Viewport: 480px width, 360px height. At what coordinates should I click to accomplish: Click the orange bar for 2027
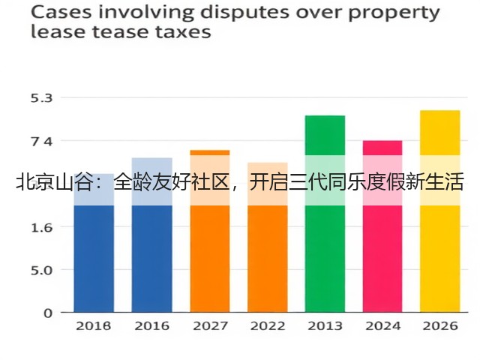pos(210,231)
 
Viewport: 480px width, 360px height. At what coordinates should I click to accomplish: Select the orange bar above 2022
pos(268,237)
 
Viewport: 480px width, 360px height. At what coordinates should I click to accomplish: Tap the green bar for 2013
pos(325,214)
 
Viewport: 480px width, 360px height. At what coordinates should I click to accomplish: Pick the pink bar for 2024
pos(382,226)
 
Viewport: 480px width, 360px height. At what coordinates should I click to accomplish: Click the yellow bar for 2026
pos(440,211)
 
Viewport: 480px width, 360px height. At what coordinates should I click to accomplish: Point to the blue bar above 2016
pos(152,235)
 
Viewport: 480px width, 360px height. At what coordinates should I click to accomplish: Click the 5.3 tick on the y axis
pos(42,98)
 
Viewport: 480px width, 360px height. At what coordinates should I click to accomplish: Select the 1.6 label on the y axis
pos(42,228)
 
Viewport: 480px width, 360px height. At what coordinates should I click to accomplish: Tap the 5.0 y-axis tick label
pos(42,271)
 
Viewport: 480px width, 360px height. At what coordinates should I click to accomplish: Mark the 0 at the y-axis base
pos(48,313)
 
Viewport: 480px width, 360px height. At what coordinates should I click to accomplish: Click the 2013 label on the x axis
pos(325,326)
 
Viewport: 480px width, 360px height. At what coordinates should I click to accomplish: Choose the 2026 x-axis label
pos(440,326)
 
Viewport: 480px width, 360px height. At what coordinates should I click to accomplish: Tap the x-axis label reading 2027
pos(210,326)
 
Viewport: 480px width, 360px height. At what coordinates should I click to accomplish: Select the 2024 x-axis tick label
pos(382,326)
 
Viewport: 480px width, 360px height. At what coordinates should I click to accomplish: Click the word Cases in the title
pos(61,13)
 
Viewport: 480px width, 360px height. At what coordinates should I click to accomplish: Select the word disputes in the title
pos(244,14)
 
